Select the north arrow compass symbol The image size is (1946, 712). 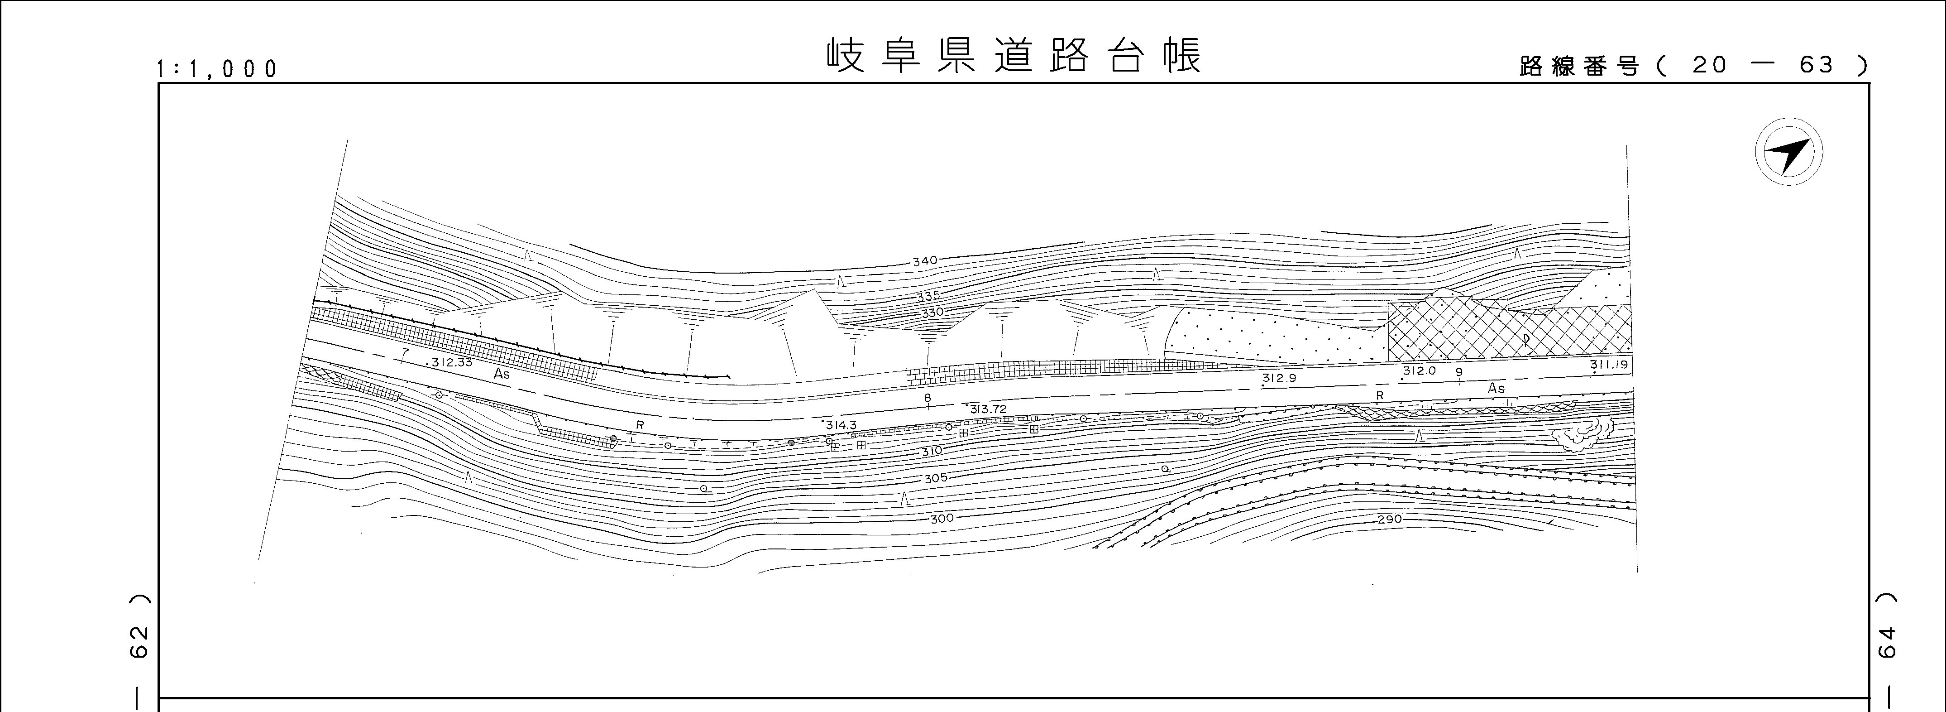(1788, 151)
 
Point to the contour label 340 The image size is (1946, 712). (925, 261)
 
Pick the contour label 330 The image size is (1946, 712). (932, 312)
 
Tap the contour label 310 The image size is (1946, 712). (932, 451)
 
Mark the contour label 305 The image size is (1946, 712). (935, 478)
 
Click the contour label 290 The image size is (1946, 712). (1389, 519)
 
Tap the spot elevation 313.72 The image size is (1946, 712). (988, 409)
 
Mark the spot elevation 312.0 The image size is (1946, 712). (1419, 371)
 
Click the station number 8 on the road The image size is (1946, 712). (928, 398)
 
